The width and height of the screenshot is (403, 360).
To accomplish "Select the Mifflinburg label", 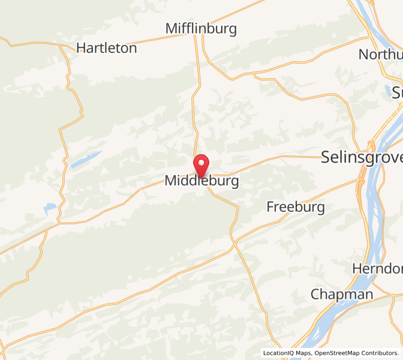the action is (x=201, y=29).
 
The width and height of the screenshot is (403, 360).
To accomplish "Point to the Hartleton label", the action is (x=107, y=49).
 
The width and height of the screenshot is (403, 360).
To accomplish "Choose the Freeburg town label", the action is (x=296, y=208).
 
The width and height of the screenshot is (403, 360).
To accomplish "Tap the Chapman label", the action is (x=342, y=295).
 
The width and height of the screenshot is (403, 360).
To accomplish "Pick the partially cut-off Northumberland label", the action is (x=380, y=55).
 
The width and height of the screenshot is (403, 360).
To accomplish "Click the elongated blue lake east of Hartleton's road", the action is (x=85, y=159).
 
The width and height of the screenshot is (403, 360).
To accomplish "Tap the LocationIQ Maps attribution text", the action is (x=287, y=353).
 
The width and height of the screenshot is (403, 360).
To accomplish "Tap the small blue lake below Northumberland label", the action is (x=389, y=90).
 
